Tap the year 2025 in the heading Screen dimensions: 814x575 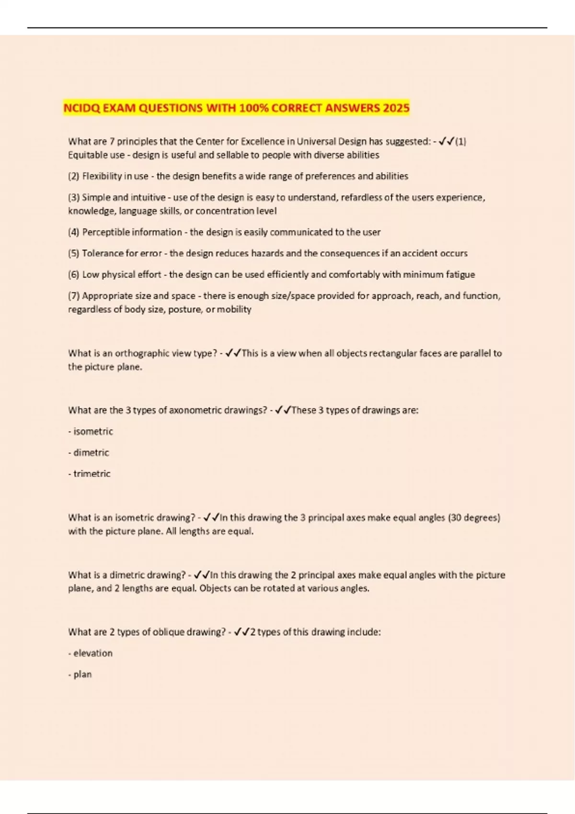click(396, 108)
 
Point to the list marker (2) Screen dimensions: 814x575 click(74, 176)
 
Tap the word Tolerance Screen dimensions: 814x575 click(103, 253)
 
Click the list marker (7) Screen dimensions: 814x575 click(74, 296)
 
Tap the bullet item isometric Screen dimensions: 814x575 click(93, 431)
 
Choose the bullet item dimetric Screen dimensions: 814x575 click(91, 452)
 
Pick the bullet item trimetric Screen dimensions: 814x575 click(92, 474)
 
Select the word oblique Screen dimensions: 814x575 click(168, 632)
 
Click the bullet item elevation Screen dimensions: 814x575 click(93, 653)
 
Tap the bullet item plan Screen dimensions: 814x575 click(82, 674)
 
